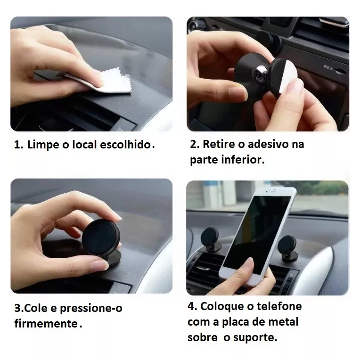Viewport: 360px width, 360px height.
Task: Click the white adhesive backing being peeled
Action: [x=286, y=76]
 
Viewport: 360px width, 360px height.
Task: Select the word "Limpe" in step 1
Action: [x=43, y=145]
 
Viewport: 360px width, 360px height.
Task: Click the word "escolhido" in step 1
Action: [x=125, y=145]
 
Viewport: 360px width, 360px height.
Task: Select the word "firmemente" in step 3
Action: [x=46, y=324]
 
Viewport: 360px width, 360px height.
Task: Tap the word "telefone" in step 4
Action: [x=279, y=306]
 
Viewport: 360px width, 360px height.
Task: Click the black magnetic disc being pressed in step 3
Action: [x=101, y=237]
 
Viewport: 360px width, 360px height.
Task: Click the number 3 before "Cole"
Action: [x=17, y=308]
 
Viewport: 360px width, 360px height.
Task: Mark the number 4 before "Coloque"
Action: [x=191, y=306]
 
